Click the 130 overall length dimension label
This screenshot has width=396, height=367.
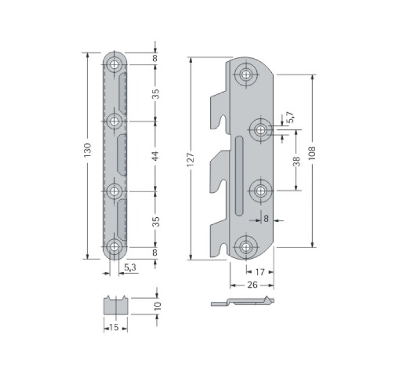click(x=87, y=150)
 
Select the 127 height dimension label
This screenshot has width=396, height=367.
click(x=190, y=159)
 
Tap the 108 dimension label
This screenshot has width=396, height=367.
click(x=312, y=153)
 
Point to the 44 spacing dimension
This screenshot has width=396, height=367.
click(x=155, y=156)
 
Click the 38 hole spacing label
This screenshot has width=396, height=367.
click(x=296, y=161)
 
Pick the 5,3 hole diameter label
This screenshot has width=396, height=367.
click(x=130, y=267)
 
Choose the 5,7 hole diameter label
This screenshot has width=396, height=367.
click(x=291, y=117)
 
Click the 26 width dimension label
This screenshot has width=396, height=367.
click(x=252, y=285)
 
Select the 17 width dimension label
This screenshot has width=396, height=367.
click(x=260, y=272)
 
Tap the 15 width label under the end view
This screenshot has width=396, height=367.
click(x=114, y=327)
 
